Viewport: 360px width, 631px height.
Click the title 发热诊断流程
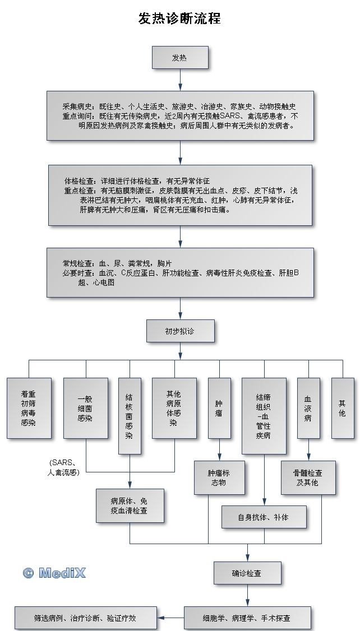point(179,18)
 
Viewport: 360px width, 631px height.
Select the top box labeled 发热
point(180,58)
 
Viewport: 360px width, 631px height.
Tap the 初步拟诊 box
point(180,331)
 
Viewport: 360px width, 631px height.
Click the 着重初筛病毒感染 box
point(29,407)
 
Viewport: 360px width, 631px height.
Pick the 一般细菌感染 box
point(85,407)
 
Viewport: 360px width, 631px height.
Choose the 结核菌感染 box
point(130,415)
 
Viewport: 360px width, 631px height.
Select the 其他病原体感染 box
point(174,407)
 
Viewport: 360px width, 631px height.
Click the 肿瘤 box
point(219,407)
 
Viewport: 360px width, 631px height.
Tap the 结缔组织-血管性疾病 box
point(264,415)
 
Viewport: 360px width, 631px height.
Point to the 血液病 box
point(308,407)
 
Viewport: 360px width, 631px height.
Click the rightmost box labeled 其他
point(342,407)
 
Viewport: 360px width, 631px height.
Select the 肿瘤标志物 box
point(219,477)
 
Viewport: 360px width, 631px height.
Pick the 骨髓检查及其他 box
point(308,477)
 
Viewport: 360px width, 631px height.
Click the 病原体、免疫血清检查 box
point(130,505)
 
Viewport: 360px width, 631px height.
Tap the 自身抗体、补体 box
point(264,517)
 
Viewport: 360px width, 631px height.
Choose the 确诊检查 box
point(247,573)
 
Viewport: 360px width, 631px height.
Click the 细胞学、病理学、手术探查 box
point(247,618)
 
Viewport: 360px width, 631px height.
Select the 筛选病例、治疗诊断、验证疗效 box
point(85,618)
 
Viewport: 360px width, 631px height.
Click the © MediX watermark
point(54,573)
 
